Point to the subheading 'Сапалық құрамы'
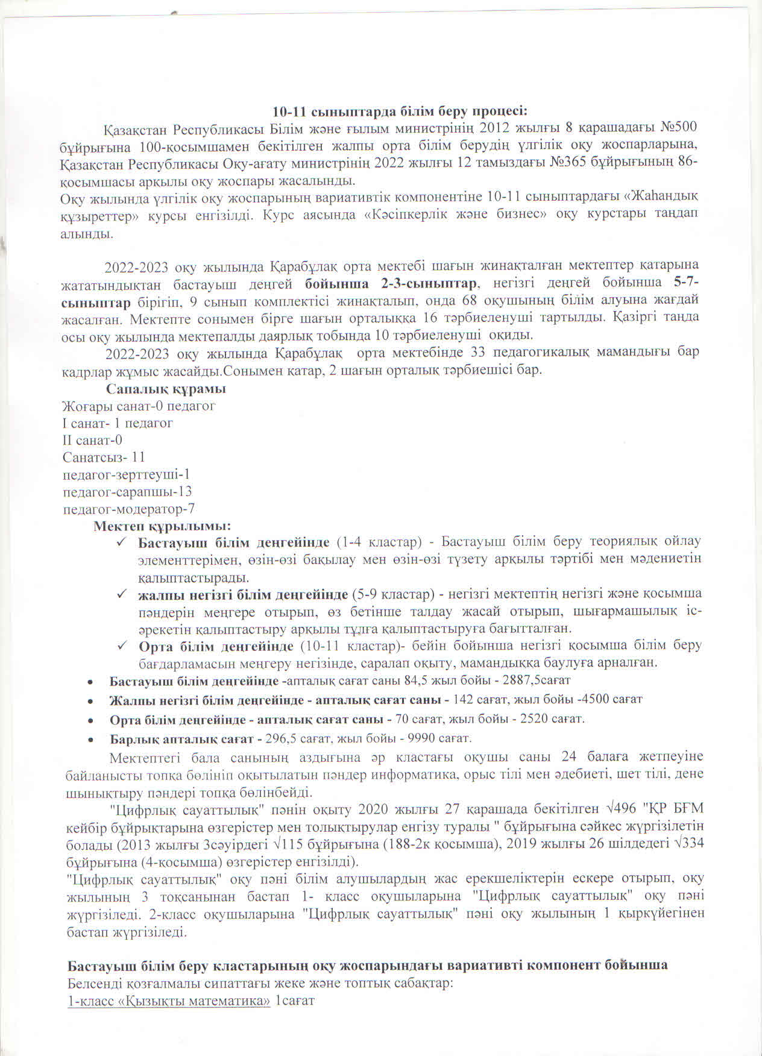point(166,389)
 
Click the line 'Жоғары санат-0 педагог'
point(139,406)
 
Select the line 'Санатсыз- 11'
point(104,457)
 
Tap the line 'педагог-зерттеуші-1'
point(126,474)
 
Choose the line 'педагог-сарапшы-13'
point(127,491)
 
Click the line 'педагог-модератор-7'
point(129,509)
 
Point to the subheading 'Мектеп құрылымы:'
point(163,526)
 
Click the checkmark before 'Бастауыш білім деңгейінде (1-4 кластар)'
point(121,542)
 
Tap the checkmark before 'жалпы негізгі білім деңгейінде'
point(121,594)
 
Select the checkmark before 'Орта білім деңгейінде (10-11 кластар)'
point(121,646)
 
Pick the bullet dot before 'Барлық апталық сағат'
point(90,739)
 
